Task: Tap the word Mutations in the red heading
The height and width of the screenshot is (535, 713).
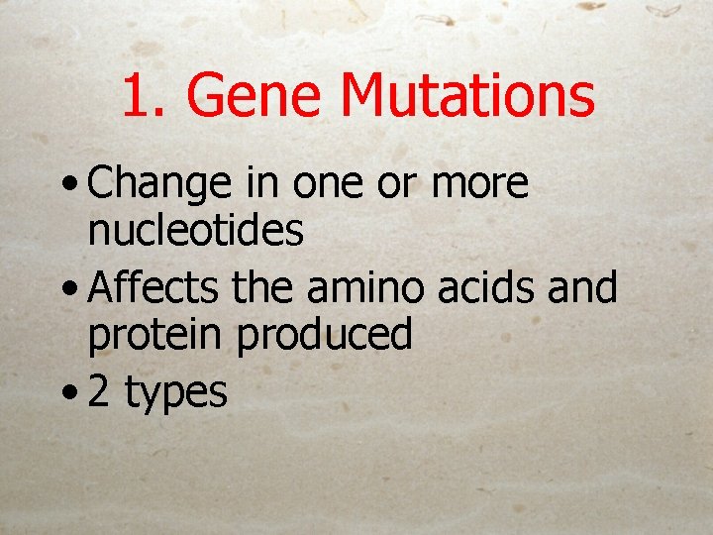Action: [x=468, y=96]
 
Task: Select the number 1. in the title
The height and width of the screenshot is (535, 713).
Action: [x=147, y=96]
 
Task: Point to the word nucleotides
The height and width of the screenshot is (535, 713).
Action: [x=195, y=231]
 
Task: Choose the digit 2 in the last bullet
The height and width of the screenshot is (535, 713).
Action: [x=98, y=392]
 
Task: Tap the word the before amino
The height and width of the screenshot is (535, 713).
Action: [x=264, y=288]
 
